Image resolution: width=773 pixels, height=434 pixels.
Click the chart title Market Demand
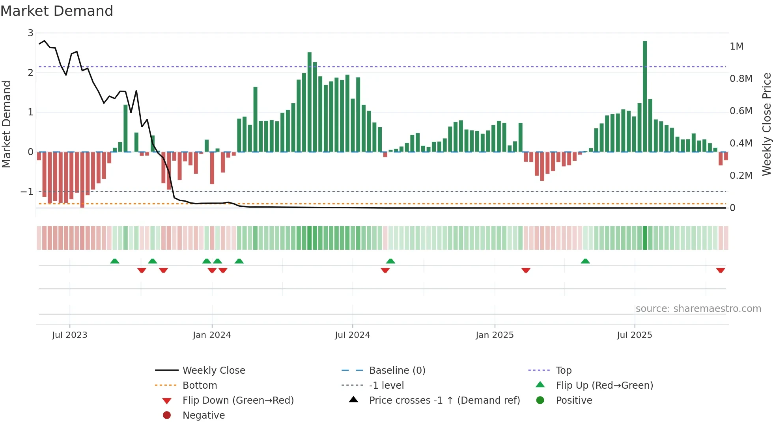[x=57, y=11]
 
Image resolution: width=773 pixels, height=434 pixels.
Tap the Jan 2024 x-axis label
[x=212, y=335]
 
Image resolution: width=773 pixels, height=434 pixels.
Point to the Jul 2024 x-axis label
[x=352, y=335]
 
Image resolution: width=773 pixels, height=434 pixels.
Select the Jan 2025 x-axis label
[x=495, y=335]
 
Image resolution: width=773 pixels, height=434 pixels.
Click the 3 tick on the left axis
[x=30, y=33]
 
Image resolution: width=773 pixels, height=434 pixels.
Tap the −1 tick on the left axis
[x=27, y=192]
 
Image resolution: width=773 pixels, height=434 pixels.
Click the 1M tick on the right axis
[x=736, y=46]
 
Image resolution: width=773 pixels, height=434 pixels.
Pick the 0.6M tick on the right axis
[x=741, y=111]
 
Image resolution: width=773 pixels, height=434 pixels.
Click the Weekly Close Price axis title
[x=766, y=124]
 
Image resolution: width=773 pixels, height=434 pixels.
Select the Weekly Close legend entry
[x=213, y=371]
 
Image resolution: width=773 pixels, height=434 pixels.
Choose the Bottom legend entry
[x=200, y=386]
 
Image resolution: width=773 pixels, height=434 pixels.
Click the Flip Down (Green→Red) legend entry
[x=238, y=401]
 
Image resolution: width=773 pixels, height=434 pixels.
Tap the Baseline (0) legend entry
[x=397, y=371]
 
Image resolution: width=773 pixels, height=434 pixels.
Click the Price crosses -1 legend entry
[x=444, y=401]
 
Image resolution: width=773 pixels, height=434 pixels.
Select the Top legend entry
[x=563, y=371]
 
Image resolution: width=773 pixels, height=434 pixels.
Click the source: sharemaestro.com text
[x=698, y=309]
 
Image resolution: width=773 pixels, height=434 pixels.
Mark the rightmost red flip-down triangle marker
[x=721, y=271]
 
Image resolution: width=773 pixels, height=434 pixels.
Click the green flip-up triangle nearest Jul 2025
[x=585, y=261]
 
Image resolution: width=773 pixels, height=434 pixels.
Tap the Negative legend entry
[x=204, y=415]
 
